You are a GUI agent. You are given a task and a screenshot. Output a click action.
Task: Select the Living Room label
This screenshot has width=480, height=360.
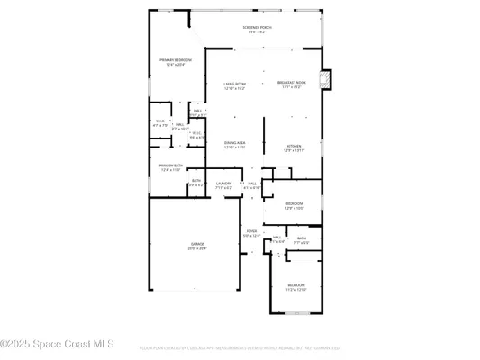point(234,87)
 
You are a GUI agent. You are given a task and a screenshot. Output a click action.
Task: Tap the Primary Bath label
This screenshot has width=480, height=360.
point(171,167)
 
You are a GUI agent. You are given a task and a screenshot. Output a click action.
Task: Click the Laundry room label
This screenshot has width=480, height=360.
point(223,185)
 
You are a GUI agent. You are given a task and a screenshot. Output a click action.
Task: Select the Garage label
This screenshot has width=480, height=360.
point(197,247)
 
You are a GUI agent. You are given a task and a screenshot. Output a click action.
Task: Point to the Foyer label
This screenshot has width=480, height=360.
point(252,234)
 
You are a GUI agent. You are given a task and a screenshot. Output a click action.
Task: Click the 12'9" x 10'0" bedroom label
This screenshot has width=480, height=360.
point(294,206)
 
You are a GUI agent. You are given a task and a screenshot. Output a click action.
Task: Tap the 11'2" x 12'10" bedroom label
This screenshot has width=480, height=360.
point(296,287)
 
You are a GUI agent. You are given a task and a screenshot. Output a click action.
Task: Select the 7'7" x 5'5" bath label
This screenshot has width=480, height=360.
point(302,241)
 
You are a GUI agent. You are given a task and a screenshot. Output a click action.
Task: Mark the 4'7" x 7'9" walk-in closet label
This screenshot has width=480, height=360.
point(159,123)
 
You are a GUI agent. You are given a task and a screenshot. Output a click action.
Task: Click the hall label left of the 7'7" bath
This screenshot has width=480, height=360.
point(277,240)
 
